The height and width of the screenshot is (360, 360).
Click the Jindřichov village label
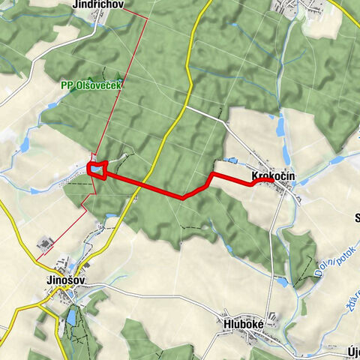point(97,4)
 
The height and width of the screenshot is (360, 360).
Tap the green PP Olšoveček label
point(92,85)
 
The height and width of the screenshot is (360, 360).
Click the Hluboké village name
point(242,323)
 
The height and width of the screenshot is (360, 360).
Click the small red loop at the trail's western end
point(97,169)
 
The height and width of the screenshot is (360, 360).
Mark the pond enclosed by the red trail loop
point(97,169)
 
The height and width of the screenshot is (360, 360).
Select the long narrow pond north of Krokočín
point(280,127)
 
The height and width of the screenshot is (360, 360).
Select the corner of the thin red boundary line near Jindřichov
point(147,16)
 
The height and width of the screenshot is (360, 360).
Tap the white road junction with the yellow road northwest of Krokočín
point(187,106)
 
